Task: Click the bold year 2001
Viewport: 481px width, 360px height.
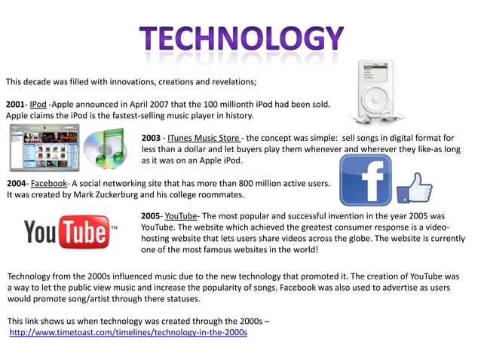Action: [x=16, y=103]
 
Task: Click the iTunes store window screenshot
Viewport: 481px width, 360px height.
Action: [x=43, y=148]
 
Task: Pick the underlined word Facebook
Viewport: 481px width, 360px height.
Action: [x=49, y=183]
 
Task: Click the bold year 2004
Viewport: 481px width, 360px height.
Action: [x=16, y=183]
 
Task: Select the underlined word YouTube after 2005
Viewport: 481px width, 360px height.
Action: [x=180, y=215]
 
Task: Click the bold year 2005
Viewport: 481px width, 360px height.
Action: [x=152, y=215]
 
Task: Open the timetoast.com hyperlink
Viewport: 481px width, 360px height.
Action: [x=128, y=332]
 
